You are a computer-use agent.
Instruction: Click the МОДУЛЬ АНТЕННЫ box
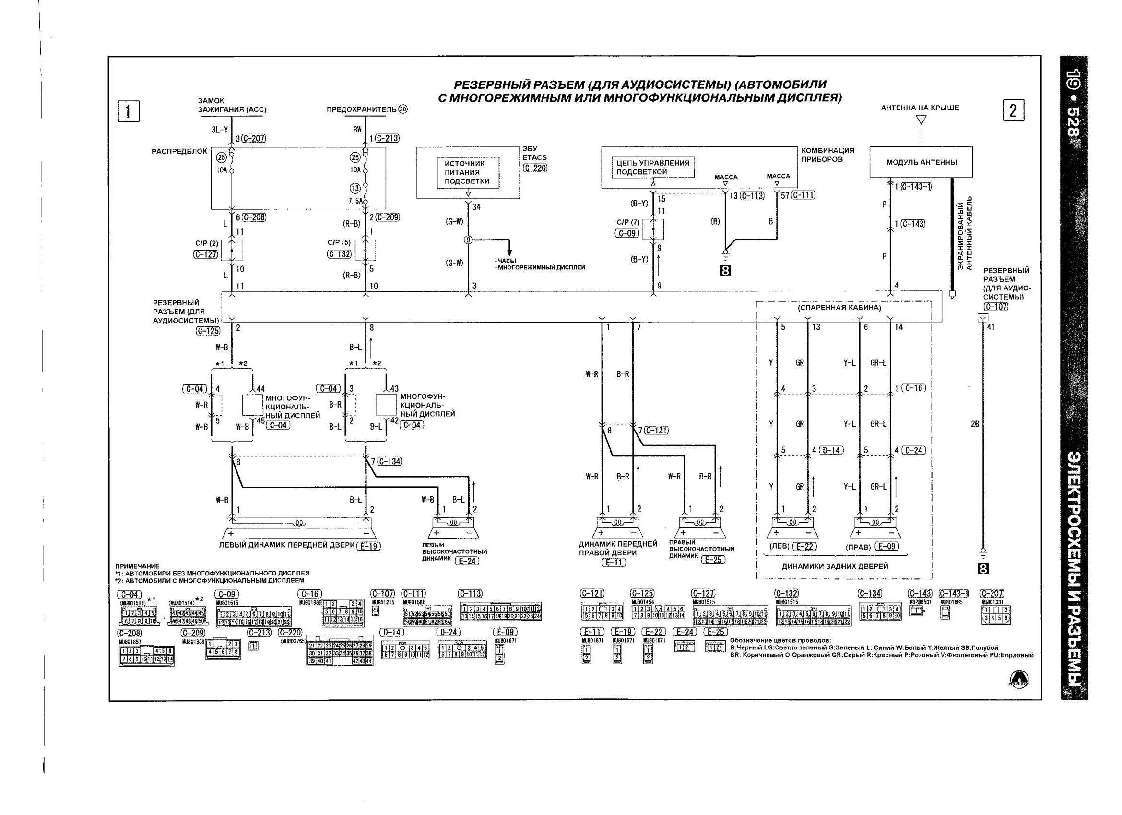[921, 162]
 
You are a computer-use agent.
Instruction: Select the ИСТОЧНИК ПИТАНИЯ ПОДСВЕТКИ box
[468, 172]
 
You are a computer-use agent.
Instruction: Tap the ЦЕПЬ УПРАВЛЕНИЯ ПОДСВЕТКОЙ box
[652, 168]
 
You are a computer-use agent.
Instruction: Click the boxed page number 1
[128, 111]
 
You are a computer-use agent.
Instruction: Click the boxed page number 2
[1013, 110]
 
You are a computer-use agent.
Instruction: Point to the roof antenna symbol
[921, 120]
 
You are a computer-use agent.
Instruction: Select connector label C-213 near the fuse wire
[387, 138]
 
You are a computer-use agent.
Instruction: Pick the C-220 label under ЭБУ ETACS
[535, 168]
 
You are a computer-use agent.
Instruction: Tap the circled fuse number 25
[221, 157]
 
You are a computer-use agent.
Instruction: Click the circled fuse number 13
[355, 188]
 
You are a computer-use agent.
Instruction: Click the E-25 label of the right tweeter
[713, 560]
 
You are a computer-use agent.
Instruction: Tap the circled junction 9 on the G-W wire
[468, 240]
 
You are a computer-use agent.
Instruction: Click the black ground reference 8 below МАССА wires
[725, 270]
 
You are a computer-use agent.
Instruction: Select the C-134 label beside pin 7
[389, 461]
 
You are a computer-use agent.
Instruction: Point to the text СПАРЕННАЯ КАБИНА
[839, 308]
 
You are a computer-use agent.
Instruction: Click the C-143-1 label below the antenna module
[916, 187]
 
